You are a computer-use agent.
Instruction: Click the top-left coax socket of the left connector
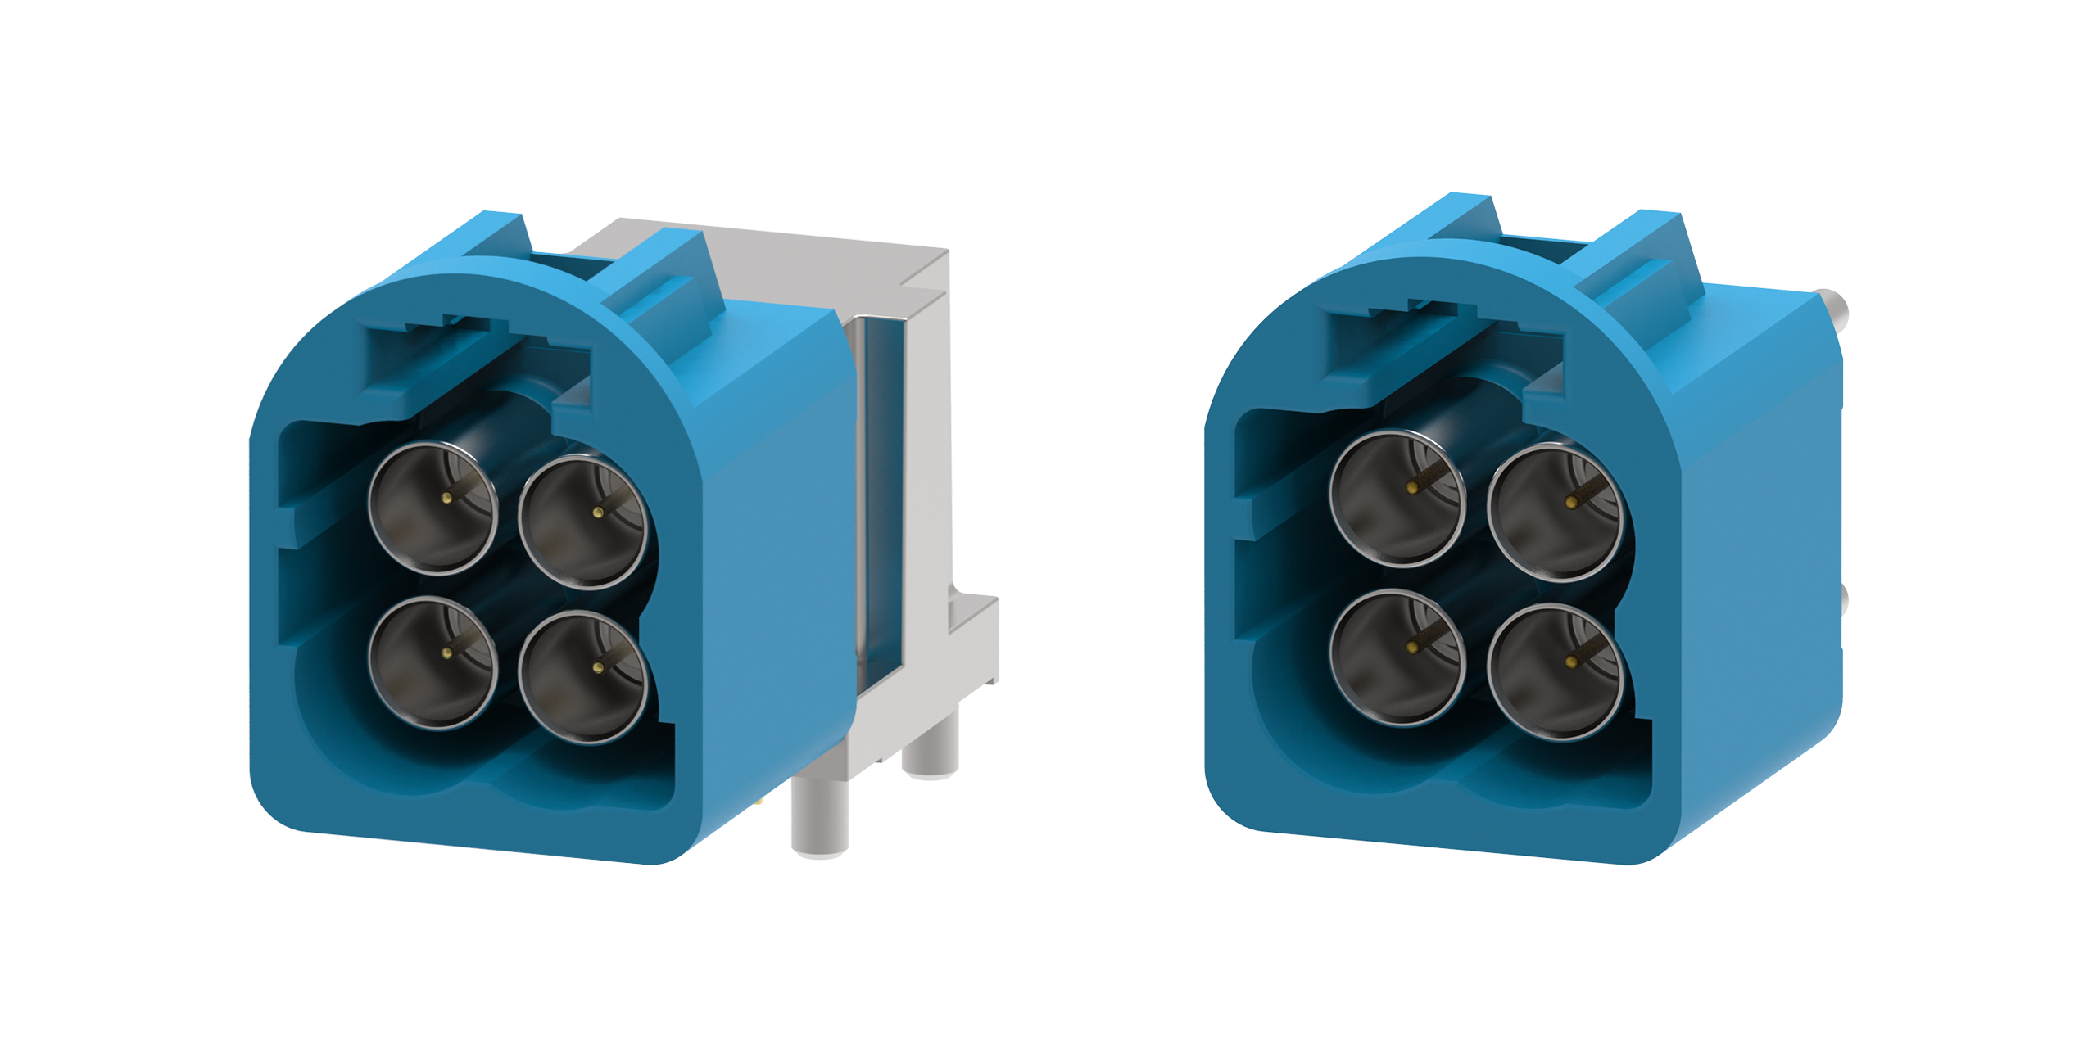pyautogui.click(x=433, y=508)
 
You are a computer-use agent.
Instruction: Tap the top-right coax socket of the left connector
pyautogui.click(x=583, y=522)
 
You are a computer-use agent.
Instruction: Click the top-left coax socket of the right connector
pyautogui.click(x=1397, y=496)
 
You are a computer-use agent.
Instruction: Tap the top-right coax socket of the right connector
pyautogui.click(x=1554, y=511)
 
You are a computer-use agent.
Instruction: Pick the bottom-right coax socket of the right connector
pyautogui.click(x=1554, y=671)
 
